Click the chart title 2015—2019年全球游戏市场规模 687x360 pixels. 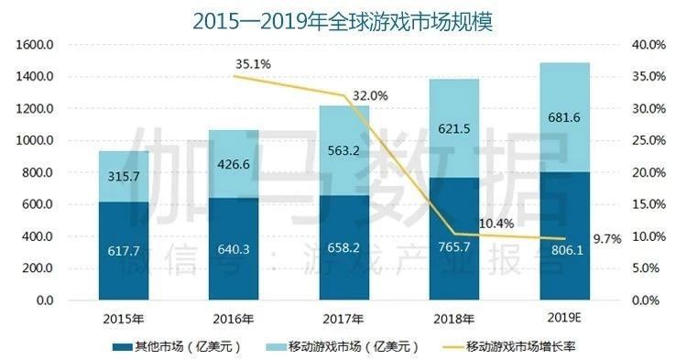pyautogui.click(x=343, y=20)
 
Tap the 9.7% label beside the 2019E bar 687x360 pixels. pyautogui.click(x=607, y=238)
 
